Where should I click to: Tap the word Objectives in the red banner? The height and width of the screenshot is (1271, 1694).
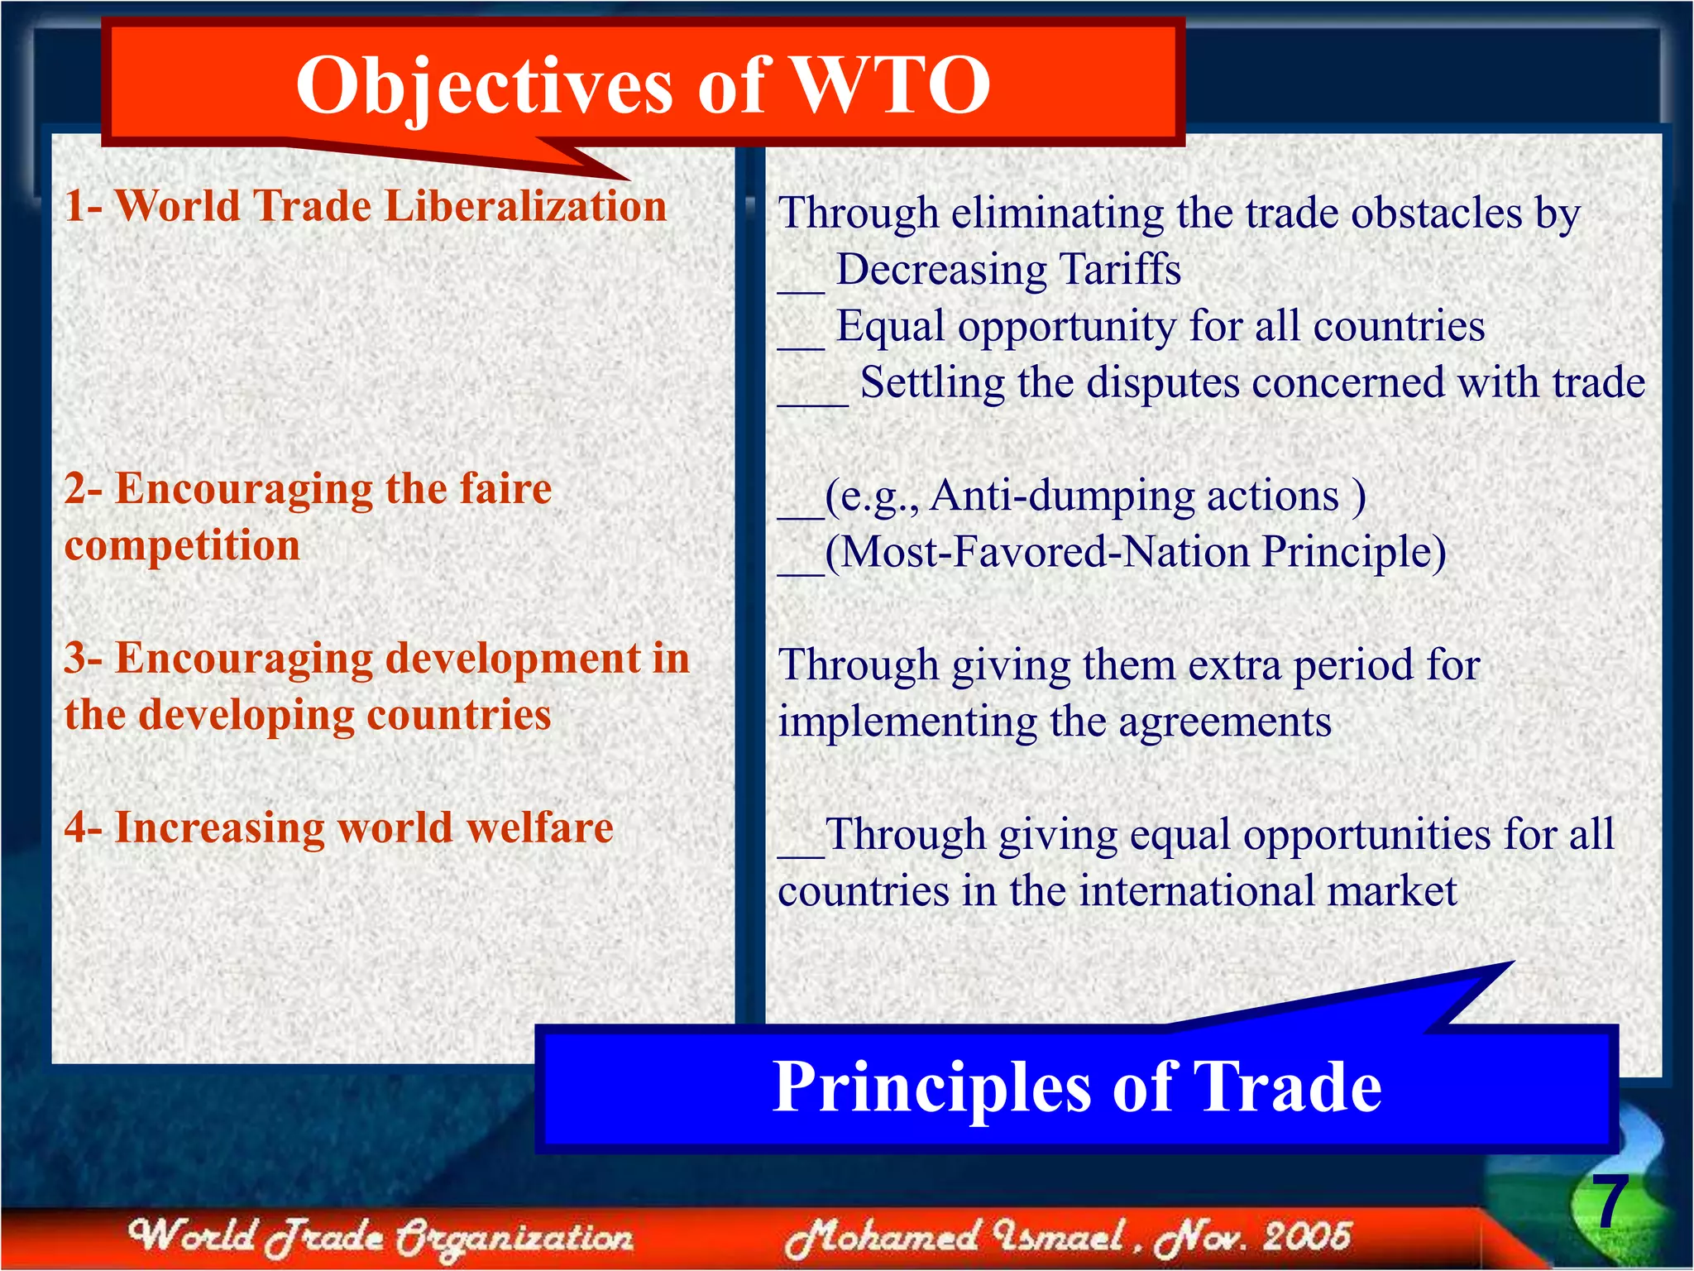point(484,86)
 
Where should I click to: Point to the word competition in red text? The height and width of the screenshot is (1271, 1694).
point(182,546)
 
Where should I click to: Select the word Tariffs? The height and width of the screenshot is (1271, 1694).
point(1120,270)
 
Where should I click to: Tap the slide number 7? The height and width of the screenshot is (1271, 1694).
point(1610,1202)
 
